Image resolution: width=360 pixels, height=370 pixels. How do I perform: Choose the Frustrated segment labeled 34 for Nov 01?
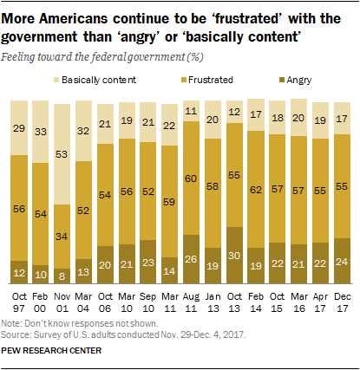[63, 236]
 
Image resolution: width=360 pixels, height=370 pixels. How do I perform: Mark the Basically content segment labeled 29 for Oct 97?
[19, 127]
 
